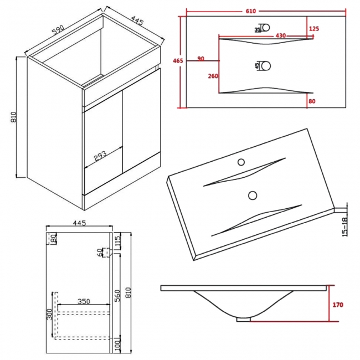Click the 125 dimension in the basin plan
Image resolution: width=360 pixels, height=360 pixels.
pyautogui.click(x=314, y=28)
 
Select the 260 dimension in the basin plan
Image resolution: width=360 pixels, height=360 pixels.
pyautogui.click(x=213, y=76)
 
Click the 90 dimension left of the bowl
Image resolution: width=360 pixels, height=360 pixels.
pyautogui.click(x=200, y=58)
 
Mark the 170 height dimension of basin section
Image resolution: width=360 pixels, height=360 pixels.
pyautogui.click(x=338, y=305)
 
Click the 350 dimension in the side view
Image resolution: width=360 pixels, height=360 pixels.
pyautogui.click(x=84, y=302)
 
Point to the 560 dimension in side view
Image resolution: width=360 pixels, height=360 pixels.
pyautogui.click(x=117, y=295)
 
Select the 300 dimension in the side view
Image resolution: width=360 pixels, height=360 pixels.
pyautogui.click(x=50, y=315)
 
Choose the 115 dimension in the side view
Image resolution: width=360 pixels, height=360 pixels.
pyautogui.click(x=117, y=240)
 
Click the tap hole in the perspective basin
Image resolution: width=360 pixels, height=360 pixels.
pyautogui.click(x=241, y=162)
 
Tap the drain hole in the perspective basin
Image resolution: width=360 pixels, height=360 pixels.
pyautogui.click(x=253, y=195)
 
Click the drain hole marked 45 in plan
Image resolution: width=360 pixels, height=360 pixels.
pyautogui.click(x=266, y=66)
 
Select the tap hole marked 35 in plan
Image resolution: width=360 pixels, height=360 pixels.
pyautogui.click(x=265, y=28)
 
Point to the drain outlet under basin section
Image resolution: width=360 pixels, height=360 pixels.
pyautogui.click(x=244, y=319)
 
